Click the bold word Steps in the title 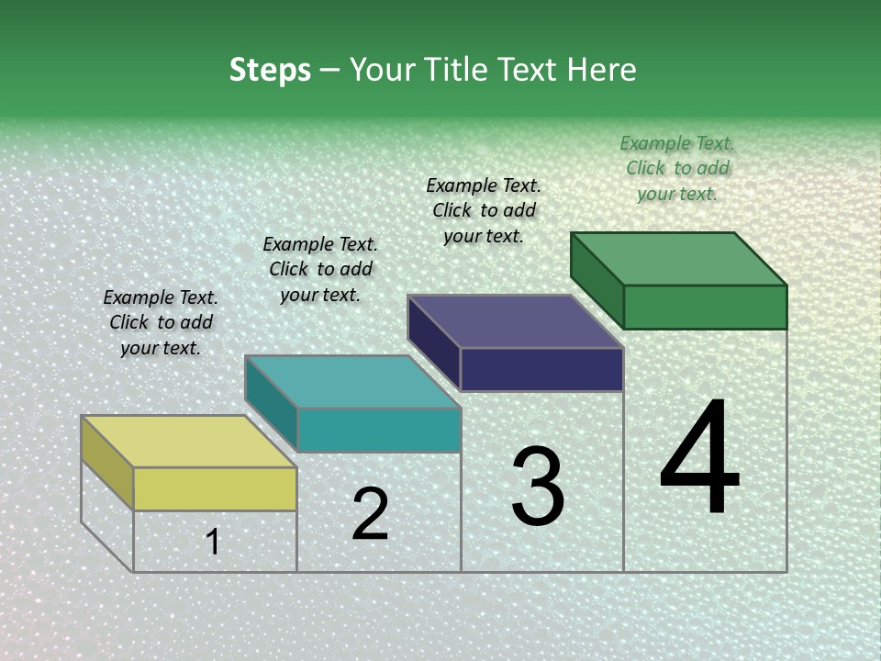(270, 70)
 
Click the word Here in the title (602, 70)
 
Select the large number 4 (699, 458)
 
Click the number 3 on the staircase (537, 487)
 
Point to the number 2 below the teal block (370, 514)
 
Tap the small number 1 (213, 543)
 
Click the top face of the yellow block (188, 442)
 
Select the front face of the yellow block (215, 488)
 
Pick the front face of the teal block (378, 430)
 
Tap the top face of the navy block (515, 321)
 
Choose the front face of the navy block (541, 369)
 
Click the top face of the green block (678, 259)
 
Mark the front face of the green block (705, 307)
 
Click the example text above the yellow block (161, 322)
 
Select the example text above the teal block (320, 269)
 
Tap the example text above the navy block (484, 210)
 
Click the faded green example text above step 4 (677, 168)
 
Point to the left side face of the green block (597, 280)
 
